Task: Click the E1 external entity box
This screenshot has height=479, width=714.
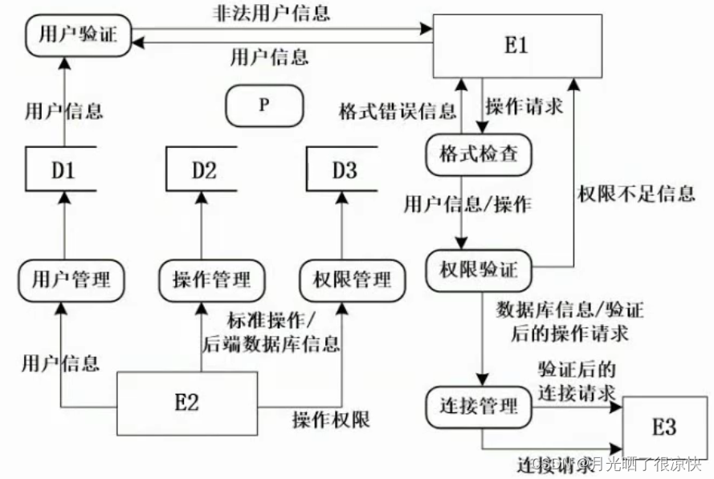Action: (x=516, y=46)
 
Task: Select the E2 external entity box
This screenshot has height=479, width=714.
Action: (x=186, y=403)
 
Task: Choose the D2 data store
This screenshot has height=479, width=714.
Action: (x=203, y=170)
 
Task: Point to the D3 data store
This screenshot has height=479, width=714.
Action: (x=344, y=170)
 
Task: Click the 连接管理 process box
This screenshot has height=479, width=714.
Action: (x=480, y=405)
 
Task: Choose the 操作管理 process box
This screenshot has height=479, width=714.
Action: (x=211, y=280)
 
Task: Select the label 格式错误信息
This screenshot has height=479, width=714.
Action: (x=397, y=110)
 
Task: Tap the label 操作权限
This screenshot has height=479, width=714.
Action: (x=331, y=420)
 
